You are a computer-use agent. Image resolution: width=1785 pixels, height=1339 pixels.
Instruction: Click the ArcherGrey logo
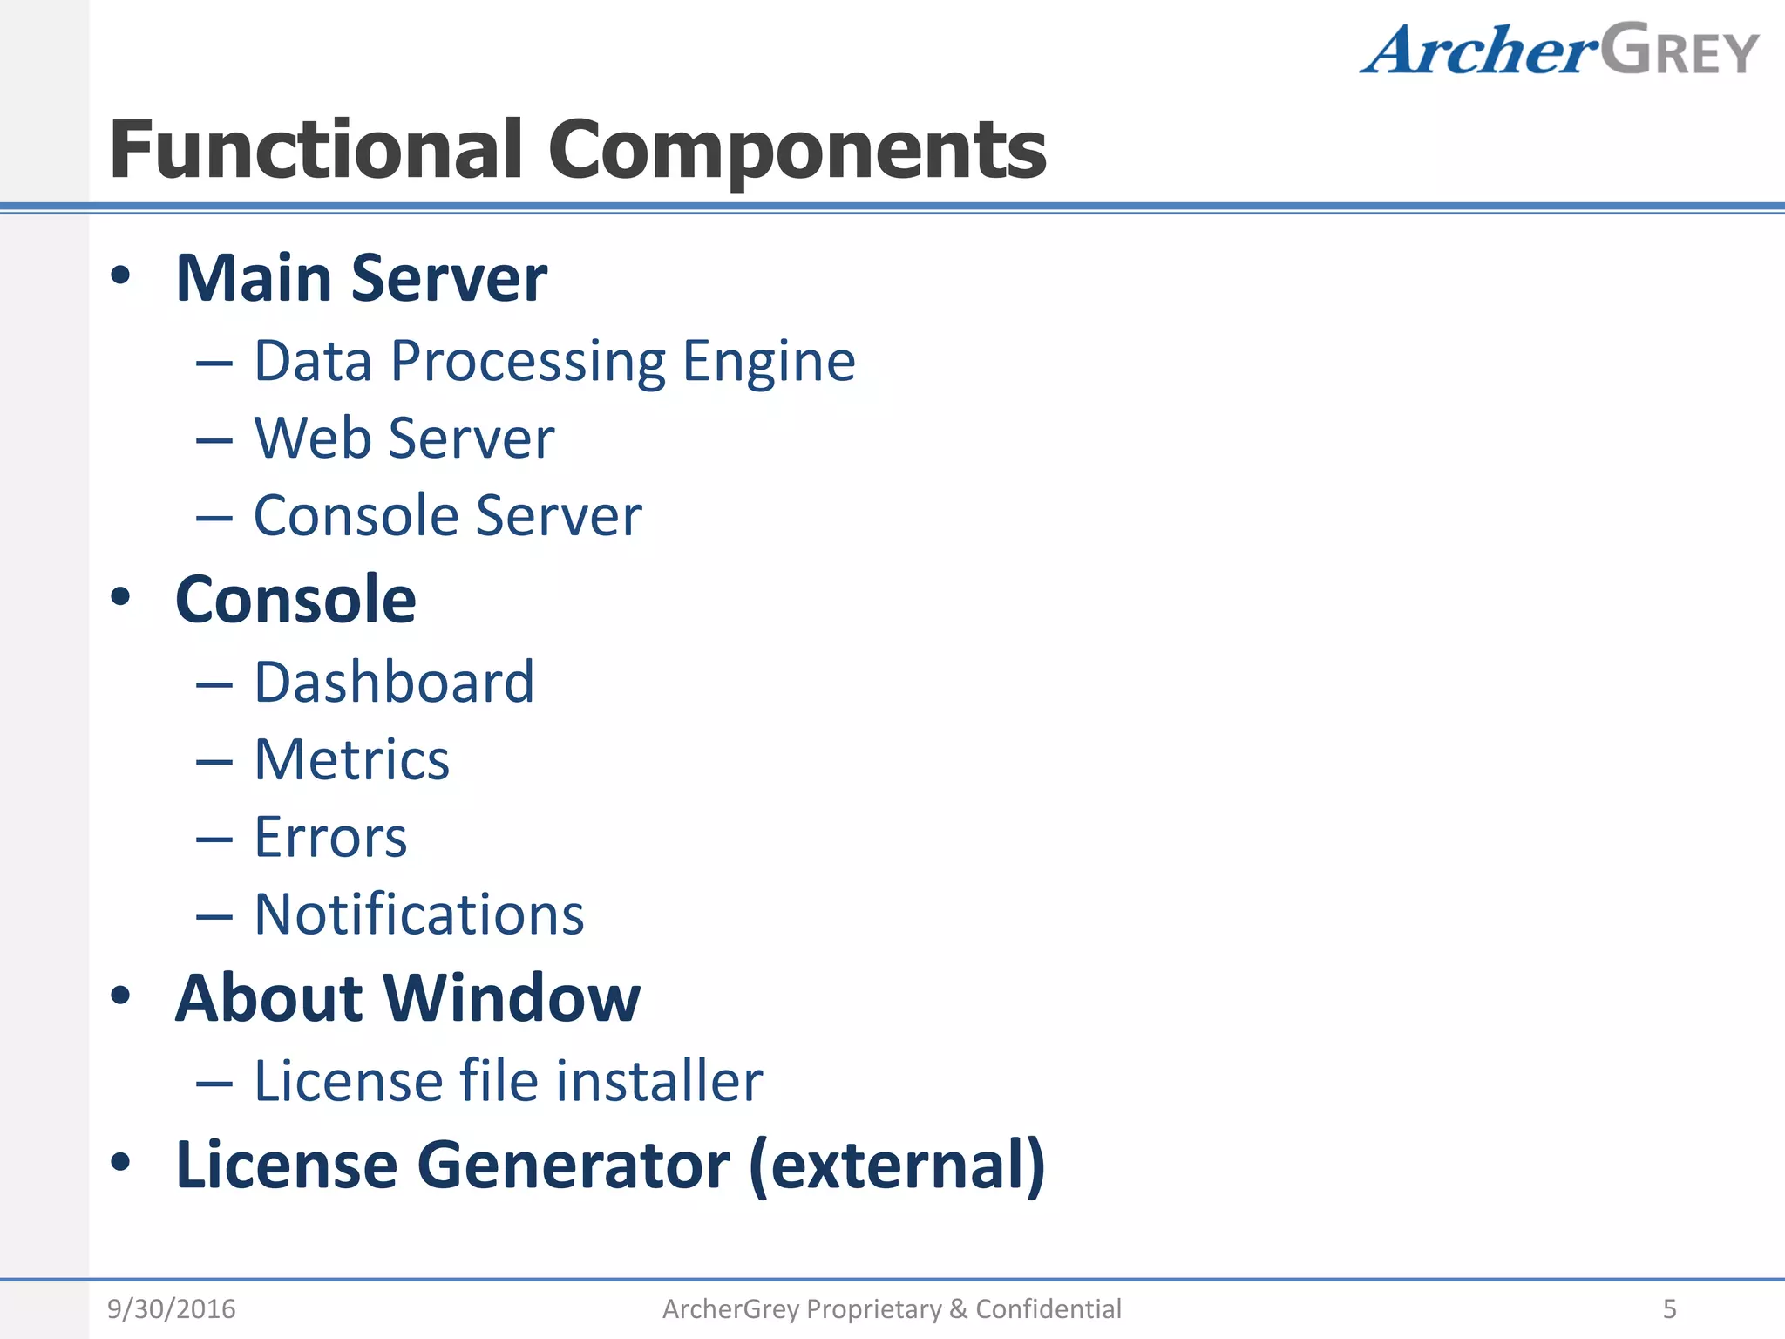pyautogui.click(x=1558, y=51)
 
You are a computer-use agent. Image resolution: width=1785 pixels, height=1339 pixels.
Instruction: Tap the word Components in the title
pyautogui.click(x=797, y=150)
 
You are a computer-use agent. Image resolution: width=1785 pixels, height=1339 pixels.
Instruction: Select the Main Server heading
pyautogui.click(x=361, y=279)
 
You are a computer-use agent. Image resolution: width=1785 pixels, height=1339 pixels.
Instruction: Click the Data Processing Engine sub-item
pyautogui.click(x=554, y=361)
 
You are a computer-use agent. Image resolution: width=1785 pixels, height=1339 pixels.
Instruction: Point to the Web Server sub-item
pyautogui.click(x=404, y=438)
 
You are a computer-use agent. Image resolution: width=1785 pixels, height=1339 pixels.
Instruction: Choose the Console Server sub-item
pyautogui.click(x=447, y=515)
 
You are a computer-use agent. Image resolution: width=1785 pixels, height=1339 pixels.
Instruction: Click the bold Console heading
pyautogui.click(x=295, y=600)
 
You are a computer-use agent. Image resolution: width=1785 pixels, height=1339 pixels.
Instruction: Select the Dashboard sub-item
pyautogui.click(x=394, y=682)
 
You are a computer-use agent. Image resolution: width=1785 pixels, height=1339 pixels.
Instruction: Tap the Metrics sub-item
pyautogui.click(x=351, y=759)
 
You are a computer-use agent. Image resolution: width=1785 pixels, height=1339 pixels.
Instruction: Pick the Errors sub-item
pyautogui.click(x=330, y=837)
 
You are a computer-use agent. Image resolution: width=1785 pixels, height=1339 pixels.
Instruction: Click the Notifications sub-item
pyautogui.click(x=418, y=914)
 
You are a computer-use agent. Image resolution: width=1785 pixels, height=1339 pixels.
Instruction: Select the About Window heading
pyautogui.click(x=407, y=998)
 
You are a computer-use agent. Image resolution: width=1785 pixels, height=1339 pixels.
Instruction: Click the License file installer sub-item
pyautogui.click(x=508, y=1081)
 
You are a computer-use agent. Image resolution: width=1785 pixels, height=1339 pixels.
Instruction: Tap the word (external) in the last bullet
pyautogui.click(x=897, y=1166)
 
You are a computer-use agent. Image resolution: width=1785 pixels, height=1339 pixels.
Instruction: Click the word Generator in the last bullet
pyautogui.click(x=574, y=1166)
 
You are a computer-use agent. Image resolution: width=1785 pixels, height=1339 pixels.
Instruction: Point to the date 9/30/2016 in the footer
pyautogui.click(x=171, y=1308)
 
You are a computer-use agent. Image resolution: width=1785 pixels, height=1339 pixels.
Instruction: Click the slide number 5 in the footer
pyautogui.click(x=1669, y=1308)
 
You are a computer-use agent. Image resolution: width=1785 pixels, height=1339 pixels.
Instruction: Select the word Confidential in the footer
pyautogui.click(x=1048, y=1308)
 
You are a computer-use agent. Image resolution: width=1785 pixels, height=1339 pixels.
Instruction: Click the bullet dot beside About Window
pyautogui.click(x=120, y=996)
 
